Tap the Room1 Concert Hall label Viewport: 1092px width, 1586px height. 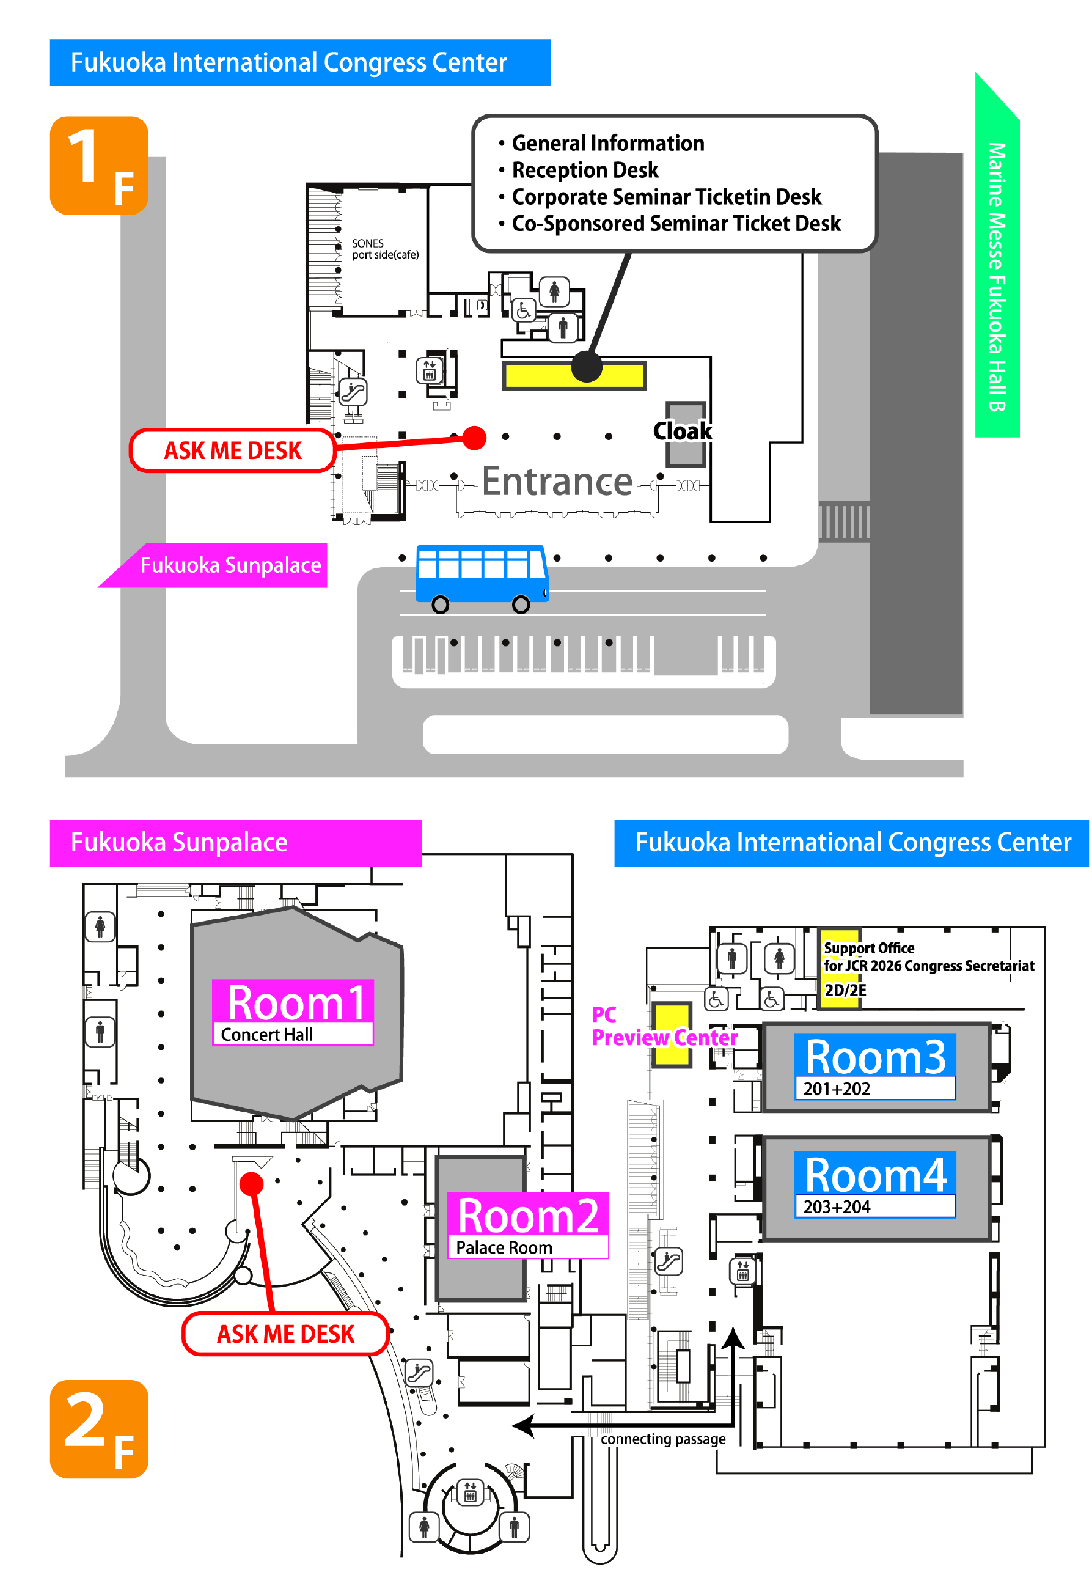click(x=293, y=1012)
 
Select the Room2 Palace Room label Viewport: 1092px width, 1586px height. click(x=527, y=1225)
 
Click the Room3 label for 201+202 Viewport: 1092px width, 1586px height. click(x=874, y=1066)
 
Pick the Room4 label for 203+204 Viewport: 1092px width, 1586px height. click(x=874, y=1184)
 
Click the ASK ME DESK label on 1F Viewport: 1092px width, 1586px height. click(x=233, y=451)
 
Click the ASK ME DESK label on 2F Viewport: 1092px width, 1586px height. click(x=285, y=1334)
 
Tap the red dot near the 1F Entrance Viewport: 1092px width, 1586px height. click(x=474, y=438)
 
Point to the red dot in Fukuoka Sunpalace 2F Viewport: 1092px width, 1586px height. click(x=252, y=1183)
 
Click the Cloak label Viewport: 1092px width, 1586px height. click(x=682, y=431)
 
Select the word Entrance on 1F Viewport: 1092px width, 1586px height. click(x=557, y=482)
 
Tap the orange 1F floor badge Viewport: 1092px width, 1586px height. click(x=99, y=166)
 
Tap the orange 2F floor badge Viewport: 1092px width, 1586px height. click(x=99, y=1429)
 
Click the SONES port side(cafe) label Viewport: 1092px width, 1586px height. click(x=384, y=249)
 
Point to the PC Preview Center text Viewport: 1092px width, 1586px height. click(x=663, y=1026)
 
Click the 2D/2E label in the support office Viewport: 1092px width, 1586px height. click(x=845, y=990)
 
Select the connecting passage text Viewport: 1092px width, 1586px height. click(x=662, y=1439)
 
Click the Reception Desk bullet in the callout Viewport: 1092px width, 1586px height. click(x=585, y=170)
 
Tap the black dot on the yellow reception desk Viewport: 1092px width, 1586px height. click(x=587, y=367)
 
